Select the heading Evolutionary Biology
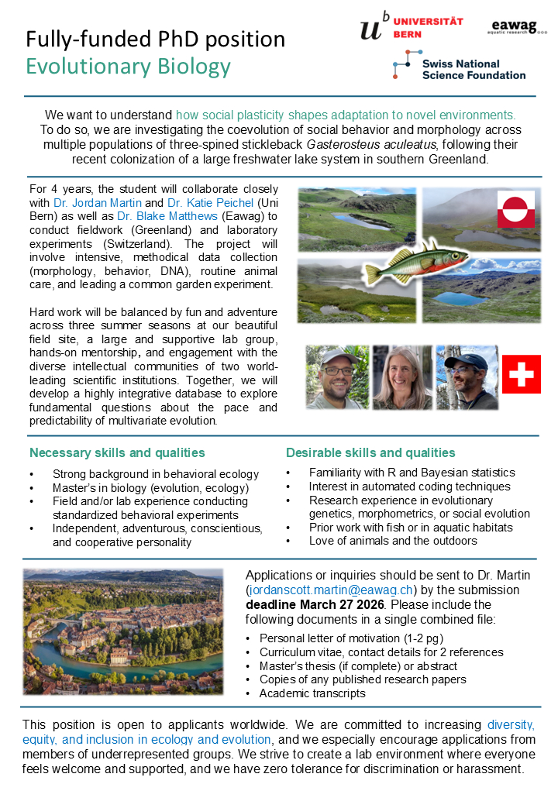129,67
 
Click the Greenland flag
515,209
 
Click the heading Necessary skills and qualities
117,453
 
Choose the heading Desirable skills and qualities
370,453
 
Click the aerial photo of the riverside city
123,631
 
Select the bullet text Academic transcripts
312,693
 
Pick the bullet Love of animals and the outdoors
393,541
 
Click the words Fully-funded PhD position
156,40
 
